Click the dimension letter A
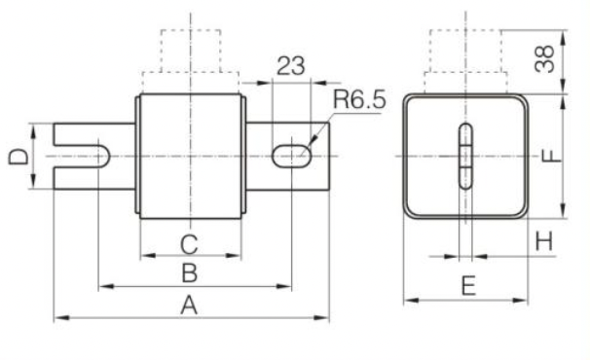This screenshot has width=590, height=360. [x=189, y=306]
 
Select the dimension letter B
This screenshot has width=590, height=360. [x=189, y=273]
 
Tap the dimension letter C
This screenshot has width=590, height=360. [x=189, y=244]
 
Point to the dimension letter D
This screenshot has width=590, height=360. [x=18, y=157]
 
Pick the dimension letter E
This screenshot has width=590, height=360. [x=468, y=286]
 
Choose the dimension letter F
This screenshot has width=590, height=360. [x=551, y=156]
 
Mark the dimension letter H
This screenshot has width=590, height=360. [x=544, y=241]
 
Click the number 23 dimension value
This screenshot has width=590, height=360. [x=290, y=66]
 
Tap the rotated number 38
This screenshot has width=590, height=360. [x=544, y=58]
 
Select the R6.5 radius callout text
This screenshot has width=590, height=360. [x=359, y=99]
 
